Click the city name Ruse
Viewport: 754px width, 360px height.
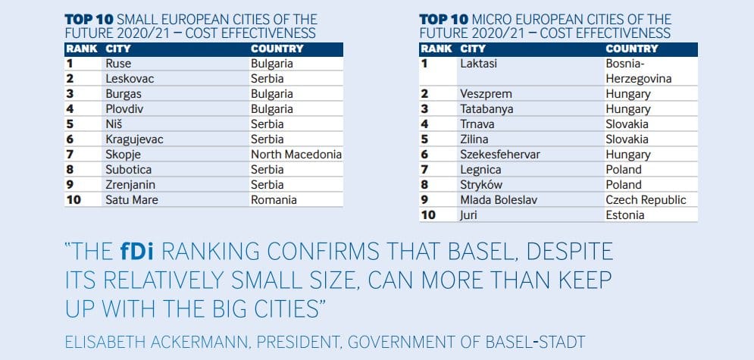pyautogui.click(x=118, y=64)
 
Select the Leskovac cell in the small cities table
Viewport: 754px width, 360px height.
pyautogui.click(x=128, y=79)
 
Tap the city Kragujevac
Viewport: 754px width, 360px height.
pyautogui.click(x=134, y=139)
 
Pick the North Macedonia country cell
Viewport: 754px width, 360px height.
pyautogui.click(x=296, y=155)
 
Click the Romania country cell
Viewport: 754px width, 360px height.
pyautogui.click(x=274, y=200)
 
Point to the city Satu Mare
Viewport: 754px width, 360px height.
pyautogui.click(x=132, y=200)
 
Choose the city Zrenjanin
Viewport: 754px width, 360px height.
pyautogui.click(x=130, y=185)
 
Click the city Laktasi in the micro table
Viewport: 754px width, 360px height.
pyautogui.click(x=478, y=64)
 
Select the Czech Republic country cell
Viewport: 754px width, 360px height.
pyautogui.click(x=646, y=200)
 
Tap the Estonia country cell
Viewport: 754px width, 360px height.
pyautogui.click(x=625, y=215)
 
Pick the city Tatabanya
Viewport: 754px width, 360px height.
pyautogui.click(x=487, y=109)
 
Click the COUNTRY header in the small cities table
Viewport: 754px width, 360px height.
pyautogui.click(x=277, y=49)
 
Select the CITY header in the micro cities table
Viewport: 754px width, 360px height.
pyautogui.click(x=473, y=49)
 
